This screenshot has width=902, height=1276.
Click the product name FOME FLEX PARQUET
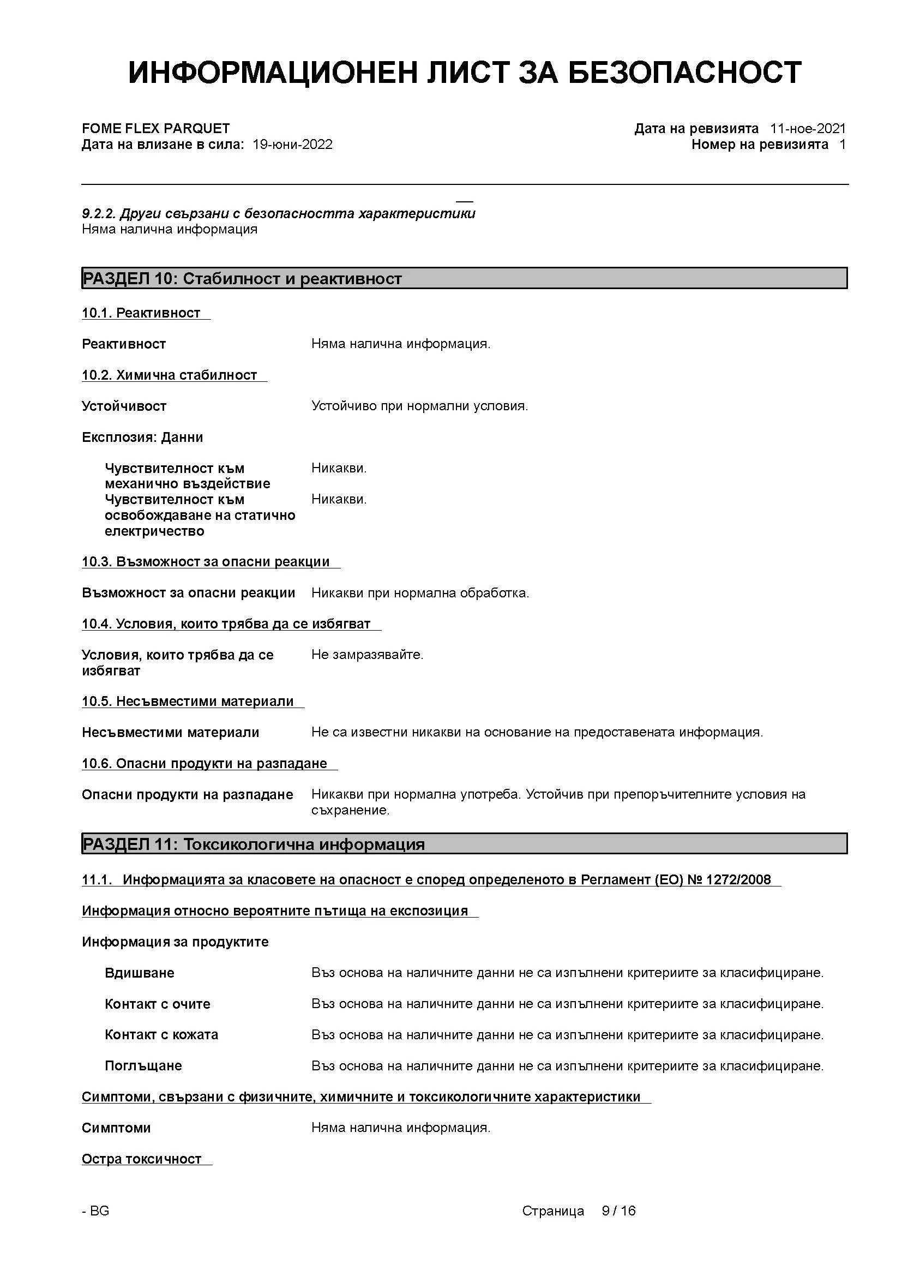pyautogui.click(x=155, y=129)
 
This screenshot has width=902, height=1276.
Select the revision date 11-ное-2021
pyautogui.click(x=808, y=129)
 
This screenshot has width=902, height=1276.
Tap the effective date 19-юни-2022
pyautogui.click(x=293, y=145)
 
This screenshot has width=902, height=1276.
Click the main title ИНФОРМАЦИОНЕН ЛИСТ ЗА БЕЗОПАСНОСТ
pyautogui.click(x=464, y=73)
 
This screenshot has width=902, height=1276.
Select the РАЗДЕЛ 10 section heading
pyautogui.click(x=242, y=278)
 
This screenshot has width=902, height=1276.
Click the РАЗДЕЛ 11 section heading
pyautogui.click(x=254, y=844)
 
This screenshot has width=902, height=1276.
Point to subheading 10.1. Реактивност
pyautogui.click(x=141, y=313)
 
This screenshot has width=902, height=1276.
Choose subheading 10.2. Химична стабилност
pyautogui.click(x=170, y=375)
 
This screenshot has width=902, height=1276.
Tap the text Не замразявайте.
pyautogui.click(x=367, y=655)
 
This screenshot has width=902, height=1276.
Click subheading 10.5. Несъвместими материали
pyautogui.click(x=188, y=702)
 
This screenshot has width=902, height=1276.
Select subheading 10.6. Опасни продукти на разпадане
pyautogui.click(x=205, y=764)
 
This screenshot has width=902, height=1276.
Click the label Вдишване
pyautogui.click(x=140, y=973)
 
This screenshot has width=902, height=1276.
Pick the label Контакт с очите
pyautogui.click(x=158, y=1004)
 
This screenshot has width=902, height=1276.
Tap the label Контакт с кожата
pyautogui.click(x=161, y=1035)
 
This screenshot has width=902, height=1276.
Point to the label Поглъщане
pyautogui.click(x=143, y=1066)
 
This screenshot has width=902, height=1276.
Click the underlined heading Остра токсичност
pyautogui.click(x=142, y=1159)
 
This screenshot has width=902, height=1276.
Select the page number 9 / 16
pyautogui.click(x=619, y=1211)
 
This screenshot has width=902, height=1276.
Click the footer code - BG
pyautogui.click(x=95, y=1211)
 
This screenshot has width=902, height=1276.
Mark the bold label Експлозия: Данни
pyautogui.click(x=142, y=438)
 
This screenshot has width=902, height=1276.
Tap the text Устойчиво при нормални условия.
pyautogui.click(x=419, y=406)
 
